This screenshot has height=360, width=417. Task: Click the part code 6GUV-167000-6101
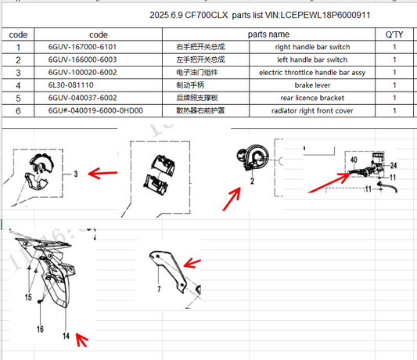point(82,47)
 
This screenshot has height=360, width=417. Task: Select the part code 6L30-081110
point(70,85)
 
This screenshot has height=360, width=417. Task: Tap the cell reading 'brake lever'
point(312,85)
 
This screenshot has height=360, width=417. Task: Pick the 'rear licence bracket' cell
point(312,98)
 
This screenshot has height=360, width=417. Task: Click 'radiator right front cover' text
point(312,110)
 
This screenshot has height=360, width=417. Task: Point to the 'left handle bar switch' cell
point(312,59)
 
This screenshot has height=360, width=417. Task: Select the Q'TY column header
point(394,34)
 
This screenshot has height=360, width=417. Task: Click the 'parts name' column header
point(268,34)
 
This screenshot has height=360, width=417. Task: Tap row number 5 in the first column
point(18,98)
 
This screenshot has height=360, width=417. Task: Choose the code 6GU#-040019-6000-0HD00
point(95,110)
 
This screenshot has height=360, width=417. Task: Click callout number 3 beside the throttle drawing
point(76,174)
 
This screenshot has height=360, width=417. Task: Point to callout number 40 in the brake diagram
point(354,160)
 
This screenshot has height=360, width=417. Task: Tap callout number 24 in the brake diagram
point(394,165)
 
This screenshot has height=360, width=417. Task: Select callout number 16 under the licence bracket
point(40,329)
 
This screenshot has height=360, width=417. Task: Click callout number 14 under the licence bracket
point(66,336)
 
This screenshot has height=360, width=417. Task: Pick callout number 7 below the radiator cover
point(159,289)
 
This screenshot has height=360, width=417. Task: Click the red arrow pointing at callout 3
point(102,173)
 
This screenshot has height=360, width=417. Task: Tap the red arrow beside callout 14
point(81,340)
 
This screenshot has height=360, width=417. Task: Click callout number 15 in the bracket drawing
point(28,297)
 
